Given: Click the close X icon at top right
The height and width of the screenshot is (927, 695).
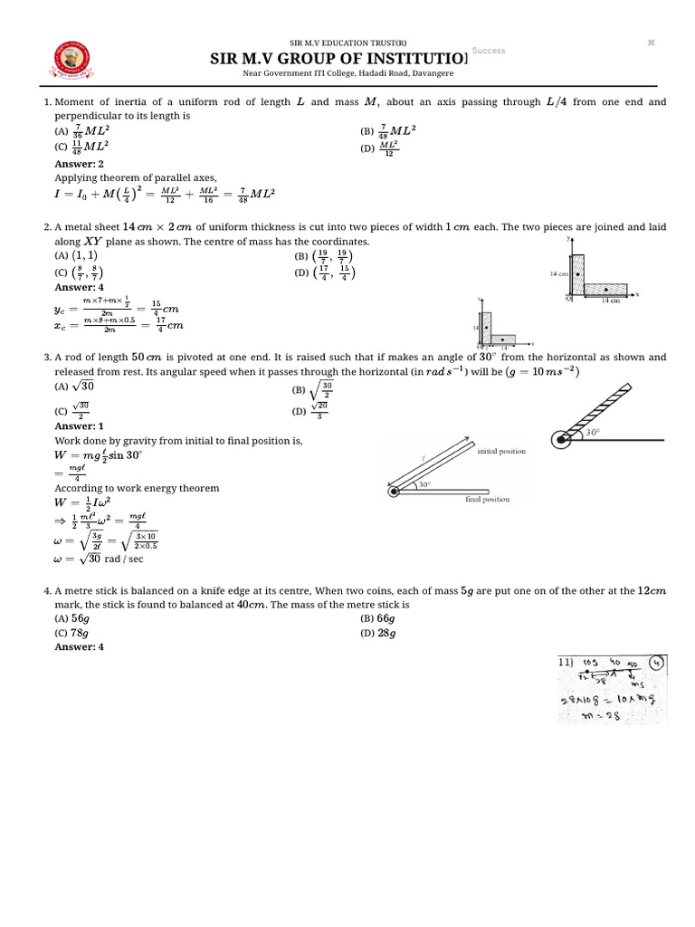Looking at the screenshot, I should pos(651,43).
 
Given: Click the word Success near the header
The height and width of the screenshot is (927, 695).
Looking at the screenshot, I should pos(489,51).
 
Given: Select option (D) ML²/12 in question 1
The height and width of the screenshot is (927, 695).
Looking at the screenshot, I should pos(379,147).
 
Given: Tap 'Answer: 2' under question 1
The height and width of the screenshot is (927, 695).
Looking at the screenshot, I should pos(80,164).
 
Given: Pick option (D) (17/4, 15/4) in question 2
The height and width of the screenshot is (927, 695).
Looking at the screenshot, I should pos(323,272).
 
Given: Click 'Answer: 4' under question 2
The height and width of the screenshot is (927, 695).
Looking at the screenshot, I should pos(80,287).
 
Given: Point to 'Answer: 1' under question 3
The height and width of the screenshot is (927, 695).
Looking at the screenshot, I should pos(80,425).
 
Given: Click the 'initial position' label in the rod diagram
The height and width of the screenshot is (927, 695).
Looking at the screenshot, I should pos(500,451).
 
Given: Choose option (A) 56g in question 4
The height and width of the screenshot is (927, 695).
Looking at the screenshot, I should pos(74,618).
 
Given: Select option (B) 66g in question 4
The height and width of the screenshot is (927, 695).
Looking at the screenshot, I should pos(379,618).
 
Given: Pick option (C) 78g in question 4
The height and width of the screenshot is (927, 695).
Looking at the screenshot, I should pos(74,633).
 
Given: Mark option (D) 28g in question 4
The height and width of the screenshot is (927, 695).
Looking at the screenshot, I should pos(379,633).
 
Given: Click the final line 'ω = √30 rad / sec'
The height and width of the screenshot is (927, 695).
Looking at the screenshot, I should pos(100,559).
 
